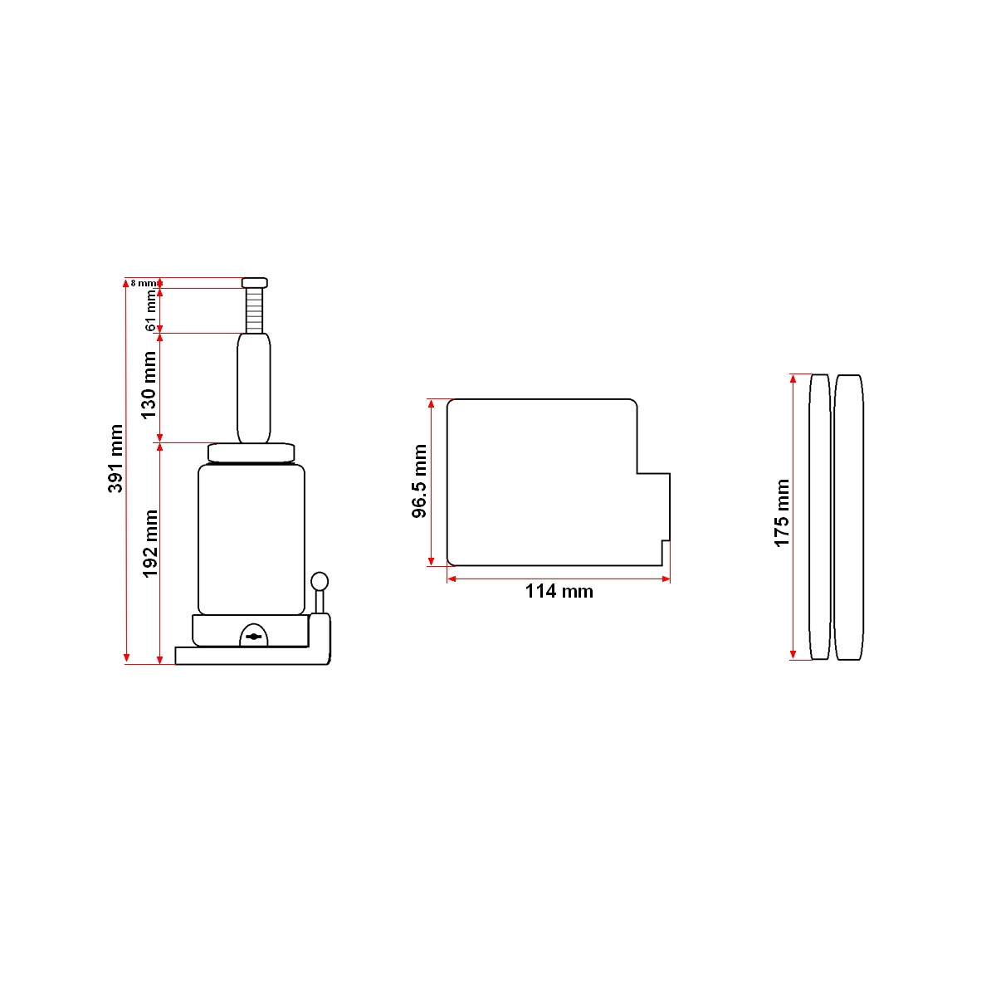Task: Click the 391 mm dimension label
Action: click(x=115, y=458)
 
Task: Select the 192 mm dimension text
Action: click(x=150, y=544)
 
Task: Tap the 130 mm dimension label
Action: click(x=149, y=386)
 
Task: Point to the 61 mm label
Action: click(x=150, y=310)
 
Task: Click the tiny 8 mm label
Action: click(x=143, y=283)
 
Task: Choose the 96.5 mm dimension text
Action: click(x=419, y=481)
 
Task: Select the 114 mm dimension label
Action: click(x=559, y=591)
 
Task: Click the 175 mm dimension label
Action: click(x=782, y=513)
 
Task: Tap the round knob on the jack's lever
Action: click(x=320, y=581)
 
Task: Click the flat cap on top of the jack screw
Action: click(x=254, y=283)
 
